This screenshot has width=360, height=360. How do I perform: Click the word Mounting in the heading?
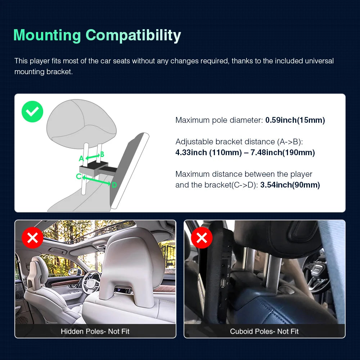47,35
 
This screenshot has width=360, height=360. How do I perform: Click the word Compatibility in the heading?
133,36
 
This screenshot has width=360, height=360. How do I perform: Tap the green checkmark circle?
32,112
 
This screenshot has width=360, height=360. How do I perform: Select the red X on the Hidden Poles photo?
33,238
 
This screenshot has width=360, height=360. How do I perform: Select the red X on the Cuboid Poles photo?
202,238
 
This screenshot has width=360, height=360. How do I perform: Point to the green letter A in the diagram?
81,158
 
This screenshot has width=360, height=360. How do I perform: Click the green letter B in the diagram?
102,154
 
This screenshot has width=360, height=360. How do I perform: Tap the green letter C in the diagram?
79,176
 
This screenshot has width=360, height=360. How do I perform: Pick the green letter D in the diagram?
114,185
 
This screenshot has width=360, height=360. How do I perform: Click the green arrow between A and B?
93,157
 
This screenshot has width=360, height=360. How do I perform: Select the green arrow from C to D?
96,180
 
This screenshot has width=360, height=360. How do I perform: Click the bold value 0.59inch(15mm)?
295,120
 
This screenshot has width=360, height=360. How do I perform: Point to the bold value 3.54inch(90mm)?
290,185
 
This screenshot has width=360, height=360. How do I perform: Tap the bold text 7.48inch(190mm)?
283,152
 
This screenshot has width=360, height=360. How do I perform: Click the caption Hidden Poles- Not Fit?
95,331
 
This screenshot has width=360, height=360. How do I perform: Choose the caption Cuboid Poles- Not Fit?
264,331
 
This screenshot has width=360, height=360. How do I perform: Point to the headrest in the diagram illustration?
81,121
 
